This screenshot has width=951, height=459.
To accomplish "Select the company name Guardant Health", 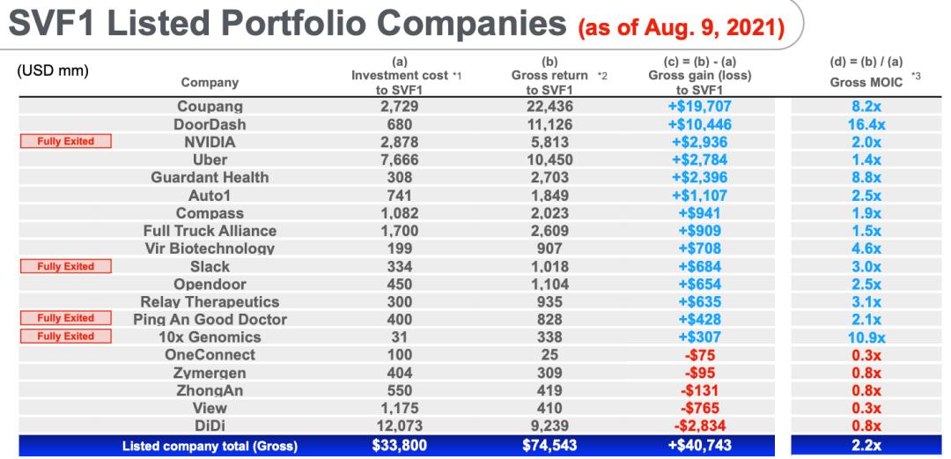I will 210,176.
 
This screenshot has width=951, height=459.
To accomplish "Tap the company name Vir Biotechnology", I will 210,248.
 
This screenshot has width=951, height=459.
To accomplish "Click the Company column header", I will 210,84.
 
